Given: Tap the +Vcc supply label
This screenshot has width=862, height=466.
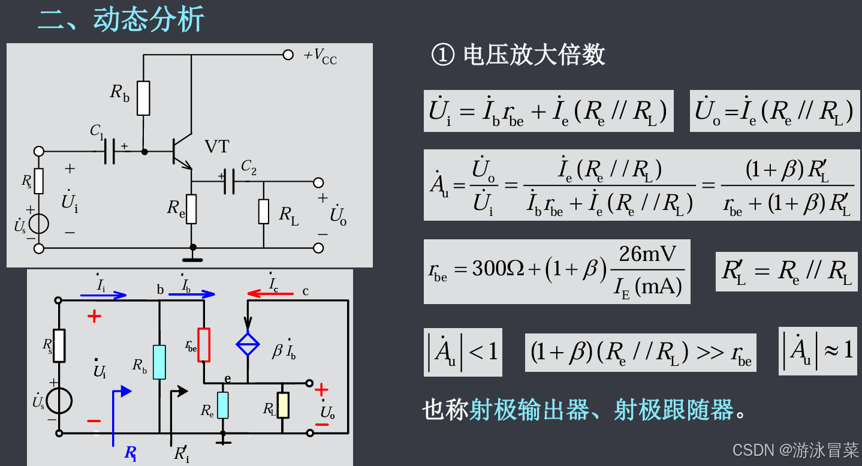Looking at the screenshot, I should coord(321,56).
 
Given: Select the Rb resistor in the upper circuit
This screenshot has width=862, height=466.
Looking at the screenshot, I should coord(143,98).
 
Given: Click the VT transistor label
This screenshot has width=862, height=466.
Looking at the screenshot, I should coord(217,146).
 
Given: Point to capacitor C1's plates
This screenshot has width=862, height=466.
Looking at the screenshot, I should coord(109,152).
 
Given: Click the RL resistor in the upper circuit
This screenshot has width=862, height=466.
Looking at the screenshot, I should coord(264,211).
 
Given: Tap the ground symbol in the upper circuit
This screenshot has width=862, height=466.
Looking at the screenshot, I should coord(192,259).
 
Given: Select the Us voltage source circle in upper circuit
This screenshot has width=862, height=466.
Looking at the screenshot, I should coord(39,224).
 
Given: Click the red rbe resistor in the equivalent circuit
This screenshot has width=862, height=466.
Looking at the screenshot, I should coord(204,345).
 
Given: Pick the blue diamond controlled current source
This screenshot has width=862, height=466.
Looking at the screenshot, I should coord(248,344).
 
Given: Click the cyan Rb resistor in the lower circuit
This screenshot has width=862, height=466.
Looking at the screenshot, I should coord(159,362).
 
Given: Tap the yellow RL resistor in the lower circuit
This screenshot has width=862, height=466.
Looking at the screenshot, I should coord(283,405).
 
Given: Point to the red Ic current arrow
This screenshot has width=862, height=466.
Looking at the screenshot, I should coord(270,294).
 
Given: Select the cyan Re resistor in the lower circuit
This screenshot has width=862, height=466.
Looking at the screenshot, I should coord(223,405).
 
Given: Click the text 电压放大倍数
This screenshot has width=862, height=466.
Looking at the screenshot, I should coord(534,56).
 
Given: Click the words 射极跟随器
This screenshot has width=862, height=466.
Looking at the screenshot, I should coord(674,410).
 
